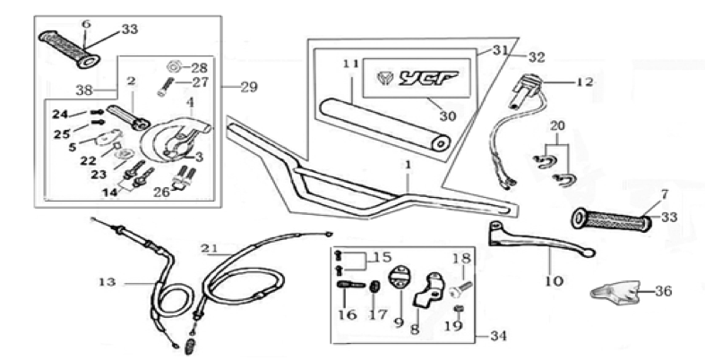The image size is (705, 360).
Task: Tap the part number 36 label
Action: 663,290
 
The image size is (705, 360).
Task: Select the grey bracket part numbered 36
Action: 615,290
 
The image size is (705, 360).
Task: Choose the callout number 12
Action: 584,82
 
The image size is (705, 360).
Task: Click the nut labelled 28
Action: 175,67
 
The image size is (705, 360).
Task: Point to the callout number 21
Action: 210,248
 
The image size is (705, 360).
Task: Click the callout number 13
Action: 107,282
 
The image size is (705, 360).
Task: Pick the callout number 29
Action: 248,87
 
